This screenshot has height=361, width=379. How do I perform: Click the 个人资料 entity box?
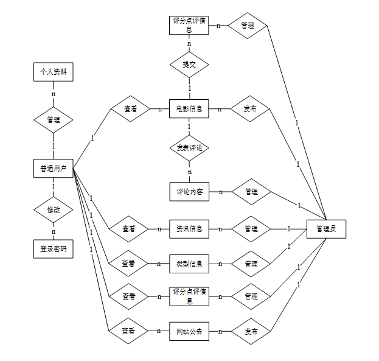[53, 72]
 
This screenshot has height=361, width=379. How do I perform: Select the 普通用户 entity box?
[53, 169]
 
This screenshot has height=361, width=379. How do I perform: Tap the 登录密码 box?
[53, 249]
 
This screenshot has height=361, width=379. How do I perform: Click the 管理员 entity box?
[326, 229]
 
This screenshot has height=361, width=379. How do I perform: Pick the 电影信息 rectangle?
[189, 109]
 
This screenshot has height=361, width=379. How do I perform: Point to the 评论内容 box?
[189, 192]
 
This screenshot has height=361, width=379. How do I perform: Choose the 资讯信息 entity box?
[189, 230]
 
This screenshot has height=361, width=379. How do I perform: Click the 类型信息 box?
[189, 264]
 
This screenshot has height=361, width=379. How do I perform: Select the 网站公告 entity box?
[189, 332]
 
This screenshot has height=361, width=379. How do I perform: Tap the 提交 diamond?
[189, 65]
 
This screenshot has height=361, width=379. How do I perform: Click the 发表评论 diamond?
[189, 148]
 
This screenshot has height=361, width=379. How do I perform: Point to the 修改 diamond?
[53, 209]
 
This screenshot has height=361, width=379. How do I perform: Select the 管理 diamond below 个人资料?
[53, 120]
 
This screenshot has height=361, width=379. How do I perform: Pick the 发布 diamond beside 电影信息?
[250, 109]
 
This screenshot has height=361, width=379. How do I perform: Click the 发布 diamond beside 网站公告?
[250, 332]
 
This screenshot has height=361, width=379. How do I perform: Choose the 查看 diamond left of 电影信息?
[130, 109]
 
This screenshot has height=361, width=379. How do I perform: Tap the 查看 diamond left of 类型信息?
[128, 264]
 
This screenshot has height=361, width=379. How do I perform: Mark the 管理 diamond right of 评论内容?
[251, 192]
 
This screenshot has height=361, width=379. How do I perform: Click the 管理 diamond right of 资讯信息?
[251, 230]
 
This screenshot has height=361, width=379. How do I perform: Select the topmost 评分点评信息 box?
[189, 26]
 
